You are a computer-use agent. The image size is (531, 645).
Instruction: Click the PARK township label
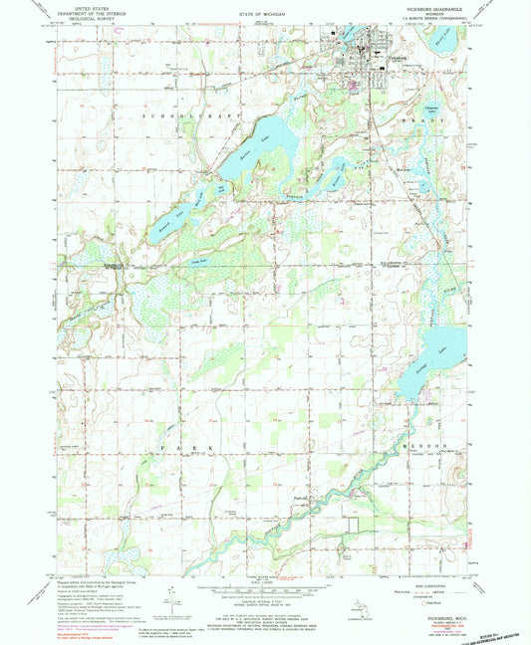click(177, 449)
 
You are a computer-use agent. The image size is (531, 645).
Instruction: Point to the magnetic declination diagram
click(172, 598)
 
